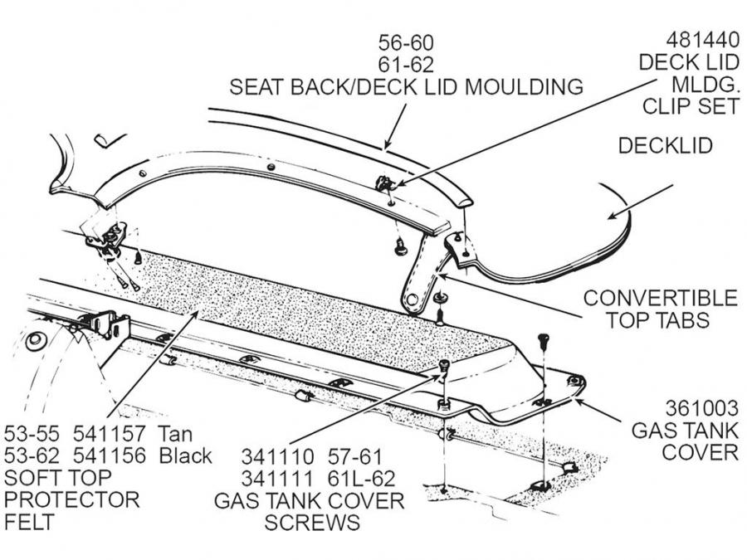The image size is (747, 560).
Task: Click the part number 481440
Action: tap(701, 40)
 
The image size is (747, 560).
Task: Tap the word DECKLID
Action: tap(666, 145)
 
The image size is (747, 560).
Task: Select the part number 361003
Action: tap(701, 408)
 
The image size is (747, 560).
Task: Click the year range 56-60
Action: tap(406, 41)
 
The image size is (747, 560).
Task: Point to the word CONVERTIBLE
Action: tap(660, 298)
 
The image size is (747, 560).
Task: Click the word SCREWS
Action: tap(312, 523)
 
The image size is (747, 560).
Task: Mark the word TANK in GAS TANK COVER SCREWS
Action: tap(293, 501)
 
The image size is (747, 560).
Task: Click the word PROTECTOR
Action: tap(71, 500)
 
